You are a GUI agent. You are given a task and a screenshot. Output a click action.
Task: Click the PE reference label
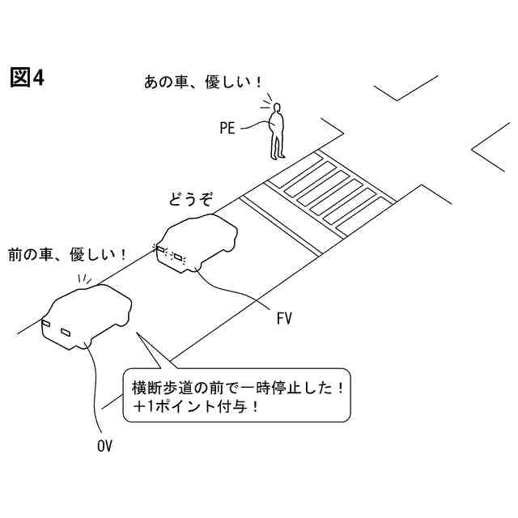point(227,127)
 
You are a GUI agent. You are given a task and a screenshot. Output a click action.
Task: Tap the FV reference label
point(283,318)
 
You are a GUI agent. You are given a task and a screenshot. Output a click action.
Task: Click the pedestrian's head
point(277,108)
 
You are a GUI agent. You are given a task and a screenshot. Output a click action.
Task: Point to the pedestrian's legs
point(278,146)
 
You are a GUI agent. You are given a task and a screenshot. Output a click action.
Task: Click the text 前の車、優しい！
point(66,254)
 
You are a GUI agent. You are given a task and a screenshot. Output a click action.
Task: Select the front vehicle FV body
point(202,239)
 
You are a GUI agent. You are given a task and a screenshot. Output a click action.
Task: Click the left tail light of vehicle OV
point(46,325)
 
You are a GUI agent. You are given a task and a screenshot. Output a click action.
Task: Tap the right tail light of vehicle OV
point(66,332)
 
